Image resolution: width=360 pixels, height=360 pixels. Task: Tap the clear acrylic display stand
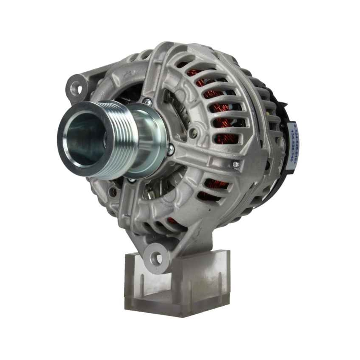tap(180, 284)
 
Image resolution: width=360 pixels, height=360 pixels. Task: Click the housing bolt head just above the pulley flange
tap(147, 102)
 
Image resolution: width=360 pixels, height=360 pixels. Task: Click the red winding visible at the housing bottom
tap(172, 220)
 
